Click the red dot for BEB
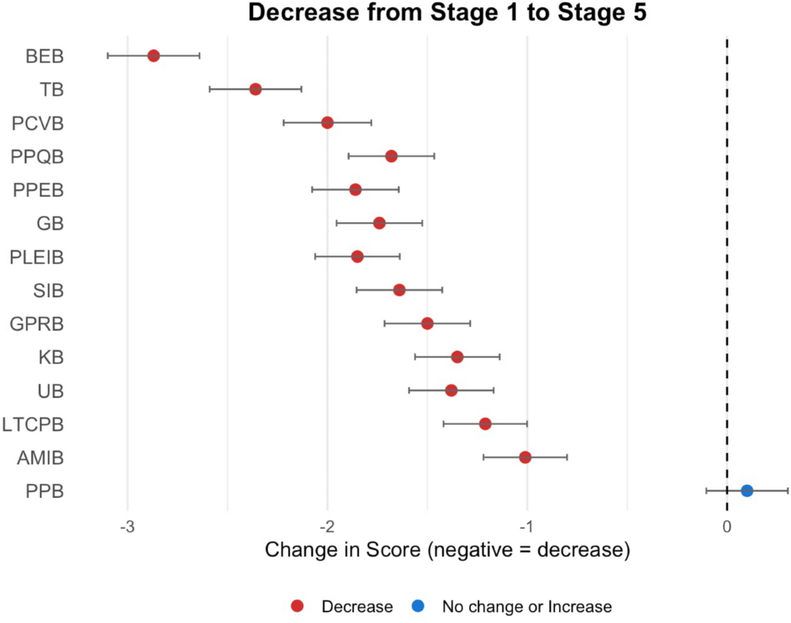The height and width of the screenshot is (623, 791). (154, 56)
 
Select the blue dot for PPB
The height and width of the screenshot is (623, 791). (746, 490)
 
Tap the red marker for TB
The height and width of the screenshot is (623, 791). (255, 89)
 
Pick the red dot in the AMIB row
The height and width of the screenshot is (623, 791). (525, 457)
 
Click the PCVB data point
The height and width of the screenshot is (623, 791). (327, 123)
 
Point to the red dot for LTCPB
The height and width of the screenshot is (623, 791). (485, 423)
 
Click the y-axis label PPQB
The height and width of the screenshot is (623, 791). (38, 157)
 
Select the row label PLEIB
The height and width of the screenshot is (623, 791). (37, 257)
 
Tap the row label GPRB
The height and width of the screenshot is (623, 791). (37, 324)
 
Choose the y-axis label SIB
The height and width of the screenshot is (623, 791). (48, 290)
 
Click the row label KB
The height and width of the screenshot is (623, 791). (51, 357)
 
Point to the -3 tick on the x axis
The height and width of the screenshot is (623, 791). (127, 527)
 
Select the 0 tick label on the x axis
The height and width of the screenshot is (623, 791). (726, 527)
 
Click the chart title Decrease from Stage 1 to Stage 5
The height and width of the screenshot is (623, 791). (448, 13)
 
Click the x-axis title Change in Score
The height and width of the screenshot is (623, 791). (447, 550)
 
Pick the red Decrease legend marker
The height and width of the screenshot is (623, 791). (297, 607)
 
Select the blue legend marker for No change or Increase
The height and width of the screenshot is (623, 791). (419, 607)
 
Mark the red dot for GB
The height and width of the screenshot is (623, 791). (379, 223)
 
